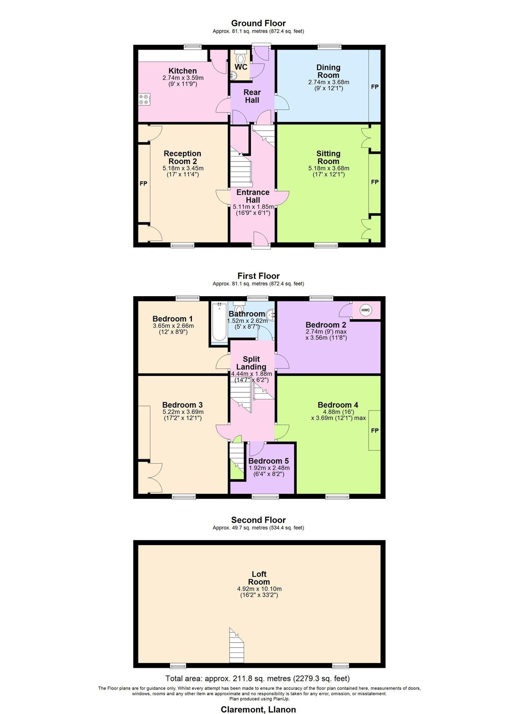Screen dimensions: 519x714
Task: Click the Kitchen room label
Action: tap(183, 71)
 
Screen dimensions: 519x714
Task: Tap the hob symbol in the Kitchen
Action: tap(145, 99)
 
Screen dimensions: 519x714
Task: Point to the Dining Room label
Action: tap(328, 71)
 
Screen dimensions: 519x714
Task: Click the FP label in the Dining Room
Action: tap(375, 87)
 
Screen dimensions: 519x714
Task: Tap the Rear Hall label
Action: tap(252, 96)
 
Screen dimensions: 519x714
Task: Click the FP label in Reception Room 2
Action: tap(143, 184)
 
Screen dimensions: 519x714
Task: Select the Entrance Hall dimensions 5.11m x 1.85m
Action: tap(253, 207)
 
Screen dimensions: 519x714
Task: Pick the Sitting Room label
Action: tap(328, 157)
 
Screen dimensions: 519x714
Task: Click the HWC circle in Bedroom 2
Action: tap(366, 310)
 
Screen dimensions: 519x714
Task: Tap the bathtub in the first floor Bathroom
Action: tap(219, 322)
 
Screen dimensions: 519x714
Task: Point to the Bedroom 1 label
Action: tap(173, 319)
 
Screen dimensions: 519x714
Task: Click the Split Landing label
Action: tap(251, 363)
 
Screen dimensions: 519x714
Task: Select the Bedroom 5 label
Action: tap(268, 461)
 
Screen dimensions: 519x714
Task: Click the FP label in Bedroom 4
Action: tap(375, 431)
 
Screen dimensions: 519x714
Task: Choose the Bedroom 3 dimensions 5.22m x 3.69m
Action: tap(183, 412)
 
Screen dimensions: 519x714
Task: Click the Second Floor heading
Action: tap(259, 520)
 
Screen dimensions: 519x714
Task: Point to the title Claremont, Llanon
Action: tap(258, 709)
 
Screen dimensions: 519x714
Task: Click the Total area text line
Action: tap(258, 678)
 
